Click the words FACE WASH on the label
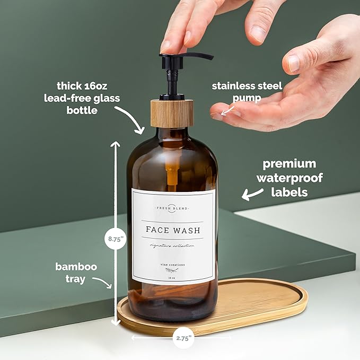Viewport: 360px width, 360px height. tap(173, 230)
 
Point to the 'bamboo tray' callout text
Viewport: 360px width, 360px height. tap(76, 272)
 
